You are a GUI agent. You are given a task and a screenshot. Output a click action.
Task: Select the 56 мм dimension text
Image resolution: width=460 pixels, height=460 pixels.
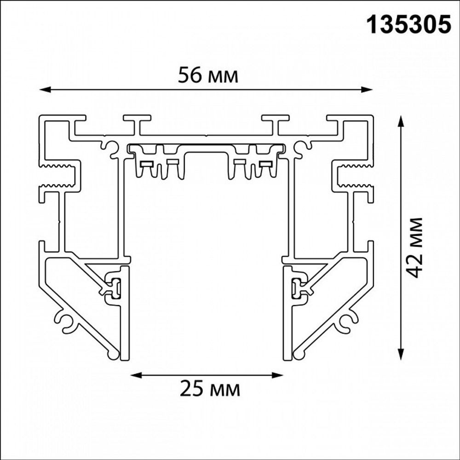click(208, 76)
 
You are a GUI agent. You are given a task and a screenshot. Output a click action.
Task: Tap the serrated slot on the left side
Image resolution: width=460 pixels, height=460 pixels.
click(60, 175)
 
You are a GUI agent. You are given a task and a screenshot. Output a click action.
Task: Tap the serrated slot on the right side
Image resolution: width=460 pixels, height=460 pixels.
click(353, 175)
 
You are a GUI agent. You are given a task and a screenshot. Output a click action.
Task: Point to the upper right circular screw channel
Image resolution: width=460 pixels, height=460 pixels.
click(303, 147)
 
